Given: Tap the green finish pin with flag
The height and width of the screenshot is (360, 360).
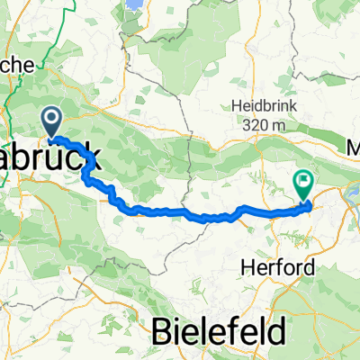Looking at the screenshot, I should (302, 185).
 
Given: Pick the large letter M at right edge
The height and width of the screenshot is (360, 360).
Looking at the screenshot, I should (354, 144).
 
